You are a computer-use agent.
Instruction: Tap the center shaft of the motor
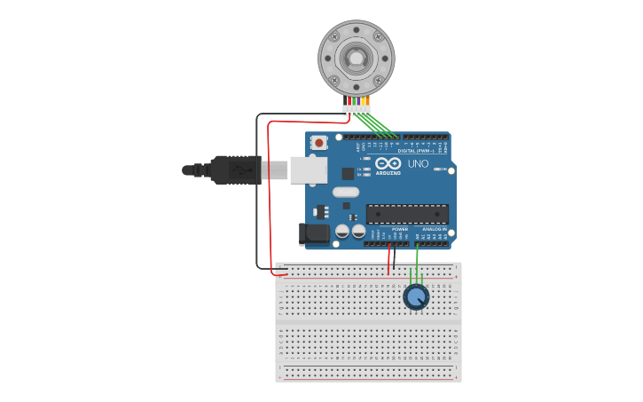356,59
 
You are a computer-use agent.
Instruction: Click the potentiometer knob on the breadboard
416,296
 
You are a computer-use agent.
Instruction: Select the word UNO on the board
418,164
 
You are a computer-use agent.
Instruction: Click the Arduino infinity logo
388,163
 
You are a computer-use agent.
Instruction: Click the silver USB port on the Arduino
308,169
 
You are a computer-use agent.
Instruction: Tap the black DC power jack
314,234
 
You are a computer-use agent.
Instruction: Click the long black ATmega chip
407,214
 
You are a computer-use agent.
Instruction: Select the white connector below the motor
357,110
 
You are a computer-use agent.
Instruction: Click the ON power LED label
443,169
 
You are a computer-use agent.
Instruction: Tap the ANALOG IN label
435,229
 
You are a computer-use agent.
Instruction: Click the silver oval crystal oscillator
346,192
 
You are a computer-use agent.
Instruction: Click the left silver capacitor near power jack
342,232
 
